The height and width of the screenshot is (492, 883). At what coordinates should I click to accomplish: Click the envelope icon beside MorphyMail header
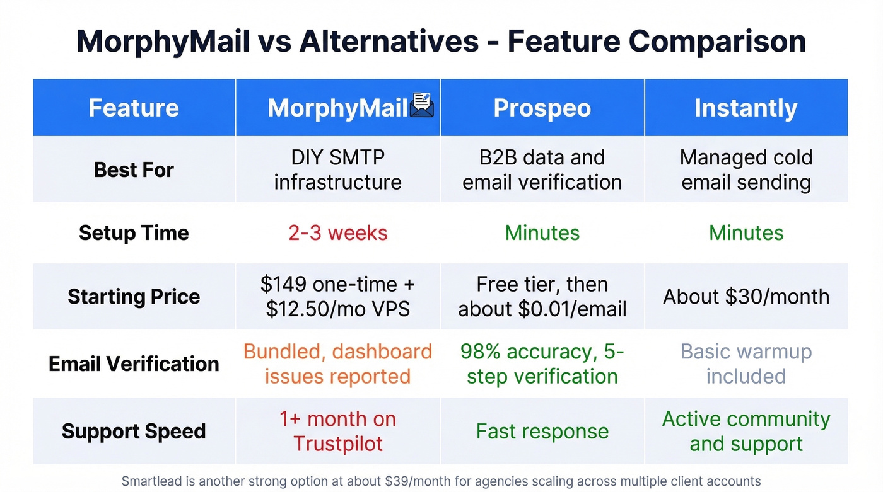(422, 106)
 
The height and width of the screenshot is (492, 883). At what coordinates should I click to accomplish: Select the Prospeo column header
(542, 108)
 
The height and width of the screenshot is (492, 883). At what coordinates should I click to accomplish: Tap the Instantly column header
(746, 108)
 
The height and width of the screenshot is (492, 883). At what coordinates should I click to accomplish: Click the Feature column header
(134, 108)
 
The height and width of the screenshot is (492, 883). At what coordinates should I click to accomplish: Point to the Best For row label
(134, 169)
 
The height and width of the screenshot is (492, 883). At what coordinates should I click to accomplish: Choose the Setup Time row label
(134, 233)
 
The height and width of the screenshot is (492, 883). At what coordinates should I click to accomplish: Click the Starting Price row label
(134, 297)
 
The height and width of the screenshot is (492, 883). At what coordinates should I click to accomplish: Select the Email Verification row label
(134, 363)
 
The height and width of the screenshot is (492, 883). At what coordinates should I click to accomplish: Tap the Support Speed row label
(134, 432)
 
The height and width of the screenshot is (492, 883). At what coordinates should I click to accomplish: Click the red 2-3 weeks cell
(338, 233)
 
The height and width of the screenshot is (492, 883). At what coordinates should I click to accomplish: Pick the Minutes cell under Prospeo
(542, 233)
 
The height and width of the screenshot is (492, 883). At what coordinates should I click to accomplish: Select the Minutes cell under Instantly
(746, 233)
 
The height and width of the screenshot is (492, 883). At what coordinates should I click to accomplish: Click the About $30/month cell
(746, 297)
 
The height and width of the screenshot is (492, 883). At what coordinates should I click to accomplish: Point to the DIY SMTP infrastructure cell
(338, 169)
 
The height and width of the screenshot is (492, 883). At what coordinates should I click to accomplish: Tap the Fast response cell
(542, 432)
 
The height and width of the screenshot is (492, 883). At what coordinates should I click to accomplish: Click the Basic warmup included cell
(746, 363)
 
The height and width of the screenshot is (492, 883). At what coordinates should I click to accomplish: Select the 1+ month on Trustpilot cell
(338, 432)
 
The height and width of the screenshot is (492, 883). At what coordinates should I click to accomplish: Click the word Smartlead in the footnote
(151, 481)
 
